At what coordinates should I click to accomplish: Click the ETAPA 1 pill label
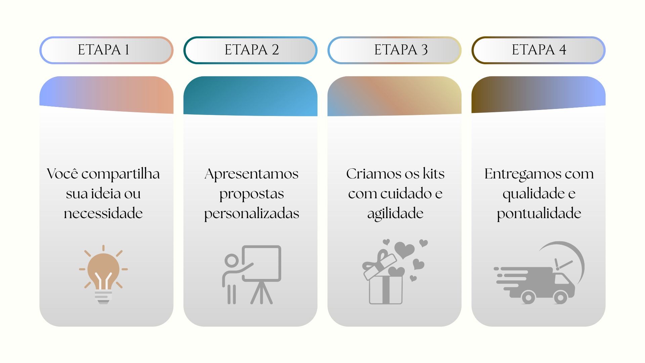[x=106, y=50]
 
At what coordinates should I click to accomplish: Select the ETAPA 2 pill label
[x=250, y=50]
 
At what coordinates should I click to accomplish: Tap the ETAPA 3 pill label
[x=394, y=50]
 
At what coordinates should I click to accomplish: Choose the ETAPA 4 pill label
[x=539, y=50]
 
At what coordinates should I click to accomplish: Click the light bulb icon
[x=103, y=274]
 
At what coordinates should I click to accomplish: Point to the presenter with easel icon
[x=252, y=275]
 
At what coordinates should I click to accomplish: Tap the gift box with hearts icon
[x=395, y=272]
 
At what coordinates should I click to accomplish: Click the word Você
[x=62, y=174]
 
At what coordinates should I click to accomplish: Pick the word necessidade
[x=103, y=213]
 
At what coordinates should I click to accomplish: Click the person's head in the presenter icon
[x=231, y=260]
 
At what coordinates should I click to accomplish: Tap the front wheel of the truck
[x=560, y=297]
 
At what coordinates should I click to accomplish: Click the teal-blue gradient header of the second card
[x=250, y=96]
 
